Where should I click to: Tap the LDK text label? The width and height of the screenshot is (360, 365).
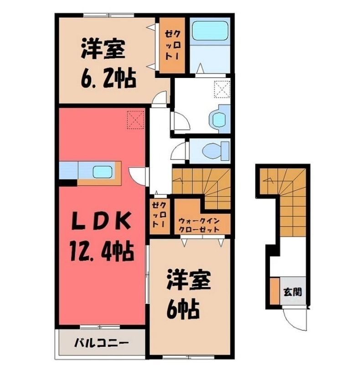[100, 221]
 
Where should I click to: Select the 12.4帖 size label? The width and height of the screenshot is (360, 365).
[100, 251]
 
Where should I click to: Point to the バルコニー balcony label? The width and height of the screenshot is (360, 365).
[102, 343]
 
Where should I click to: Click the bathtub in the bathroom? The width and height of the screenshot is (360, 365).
[210, 31]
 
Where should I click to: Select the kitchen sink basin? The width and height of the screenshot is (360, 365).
[103, 172]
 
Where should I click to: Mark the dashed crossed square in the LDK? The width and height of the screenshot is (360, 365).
[136, 120]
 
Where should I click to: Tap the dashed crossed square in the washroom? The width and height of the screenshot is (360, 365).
[222, 89]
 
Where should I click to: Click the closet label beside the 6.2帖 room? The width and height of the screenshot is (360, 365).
[172, 45]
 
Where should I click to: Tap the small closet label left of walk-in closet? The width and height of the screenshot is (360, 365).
[159, 215]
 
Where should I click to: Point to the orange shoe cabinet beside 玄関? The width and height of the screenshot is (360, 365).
[275, 291]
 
